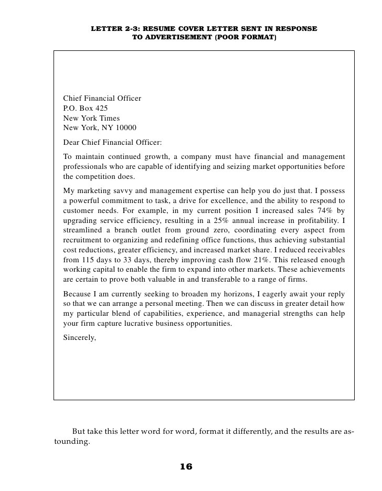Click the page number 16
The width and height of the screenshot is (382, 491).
tap(186, 467)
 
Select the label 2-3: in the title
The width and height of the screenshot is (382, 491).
tap(126, 29)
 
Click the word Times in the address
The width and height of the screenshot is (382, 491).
tap(109, 119)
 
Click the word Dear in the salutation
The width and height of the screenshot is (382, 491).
tap(72, 142)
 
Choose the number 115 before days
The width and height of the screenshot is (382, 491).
tap(89, 260)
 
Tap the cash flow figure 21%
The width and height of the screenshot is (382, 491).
tap(260, 260)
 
